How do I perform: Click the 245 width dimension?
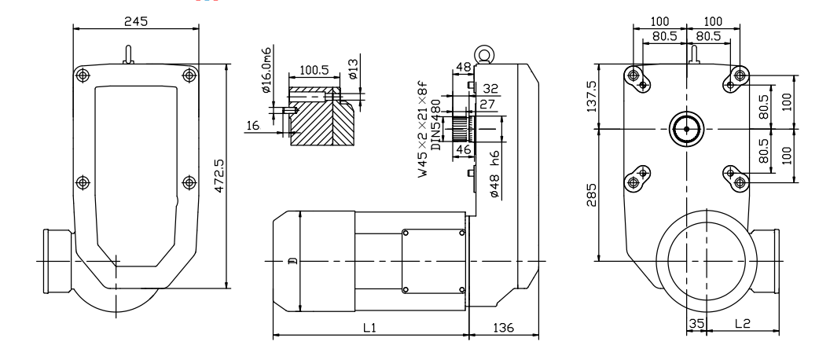[135, 21]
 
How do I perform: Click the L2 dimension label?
[743, 323]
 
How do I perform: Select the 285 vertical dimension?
[591, 195]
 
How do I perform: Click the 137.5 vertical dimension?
[591, 97]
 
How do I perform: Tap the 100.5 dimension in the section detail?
[314, 70]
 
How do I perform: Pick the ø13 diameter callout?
[353, 69]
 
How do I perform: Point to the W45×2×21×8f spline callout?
[423, 130]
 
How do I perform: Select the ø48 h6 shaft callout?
[494, 174]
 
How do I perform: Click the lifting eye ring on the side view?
[484, 54]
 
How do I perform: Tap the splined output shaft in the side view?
[464, 128]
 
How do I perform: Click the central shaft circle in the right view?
[686, 129]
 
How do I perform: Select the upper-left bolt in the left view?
[83, 75]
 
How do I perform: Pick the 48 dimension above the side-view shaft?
[463, 67]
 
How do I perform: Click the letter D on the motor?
[291, 262]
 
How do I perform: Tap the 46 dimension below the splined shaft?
[463, 150]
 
